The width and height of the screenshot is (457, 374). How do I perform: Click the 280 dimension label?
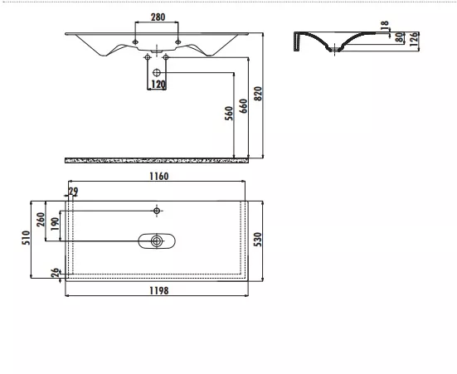click(158, 17)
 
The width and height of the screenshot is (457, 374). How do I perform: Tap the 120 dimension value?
click(158, 85)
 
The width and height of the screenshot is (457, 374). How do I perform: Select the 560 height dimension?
click(229, 114)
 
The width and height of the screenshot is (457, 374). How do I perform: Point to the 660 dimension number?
click(243, 106)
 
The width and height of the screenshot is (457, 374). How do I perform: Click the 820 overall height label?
click(258, 94)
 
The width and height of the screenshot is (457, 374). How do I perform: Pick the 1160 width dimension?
click(159, 177)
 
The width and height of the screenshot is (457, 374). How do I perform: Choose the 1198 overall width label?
click(159, 290)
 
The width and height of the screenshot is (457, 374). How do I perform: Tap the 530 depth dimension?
click(258, 240)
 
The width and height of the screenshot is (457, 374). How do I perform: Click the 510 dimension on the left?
click(26, 237)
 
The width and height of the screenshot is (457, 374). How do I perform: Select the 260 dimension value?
click(41, 220)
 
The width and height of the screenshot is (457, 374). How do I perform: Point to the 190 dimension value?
click(55, 224)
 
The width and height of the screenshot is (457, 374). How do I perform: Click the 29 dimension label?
click(73, 192)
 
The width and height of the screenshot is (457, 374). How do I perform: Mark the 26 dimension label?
click(55, 273)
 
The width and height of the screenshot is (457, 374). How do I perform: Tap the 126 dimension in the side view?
click(414, 39)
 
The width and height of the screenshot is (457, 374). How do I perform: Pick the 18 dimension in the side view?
click(385, 23)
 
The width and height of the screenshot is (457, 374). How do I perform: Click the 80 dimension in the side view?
click(400, 37)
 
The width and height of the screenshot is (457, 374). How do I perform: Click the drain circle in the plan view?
click(157, 241)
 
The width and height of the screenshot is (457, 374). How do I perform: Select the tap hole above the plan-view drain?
click(157, 211)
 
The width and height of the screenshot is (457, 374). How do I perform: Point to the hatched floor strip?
click(157, 160)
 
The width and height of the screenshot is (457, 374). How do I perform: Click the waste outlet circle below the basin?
click(157, 72)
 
